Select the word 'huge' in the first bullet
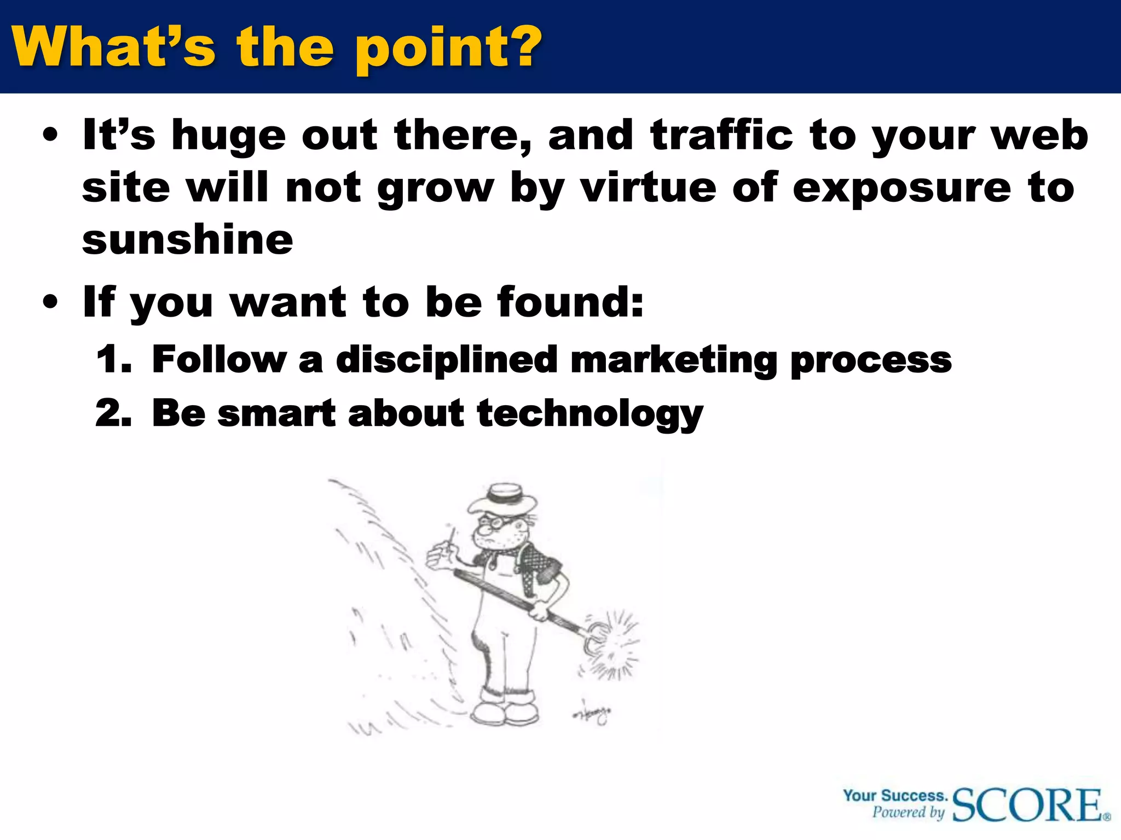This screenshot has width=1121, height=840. pyautogui.click(x=228, y=137)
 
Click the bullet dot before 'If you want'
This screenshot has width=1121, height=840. pyautogui.click(x=50, y=302)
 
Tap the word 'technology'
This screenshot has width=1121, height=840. pyautogui.click(x=590, y=414)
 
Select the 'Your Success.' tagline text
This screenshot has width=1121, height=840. pyautogui.click(x=895, y=795)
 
